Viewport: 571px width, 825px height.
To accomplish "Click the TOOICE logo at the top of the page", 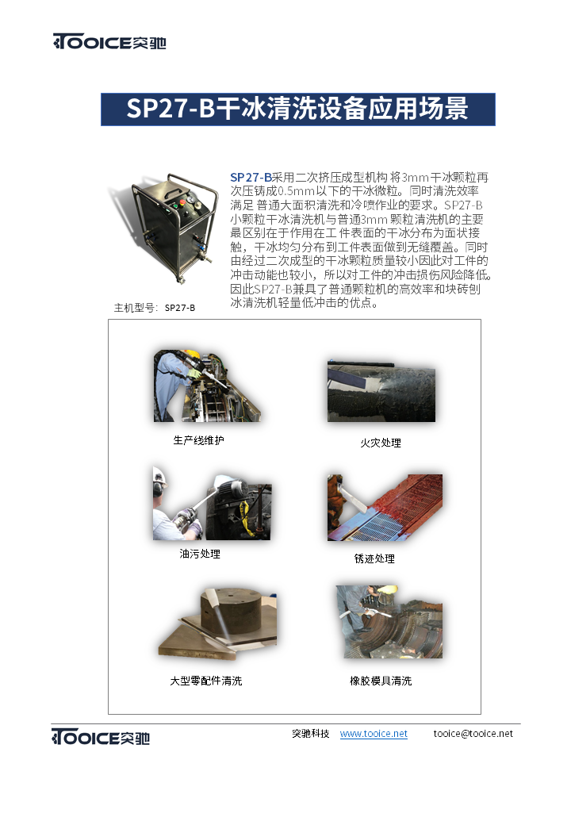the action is [x=109, y=41].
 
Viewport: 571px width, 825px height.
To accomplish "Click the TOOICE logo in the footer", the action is [x=101, y=737].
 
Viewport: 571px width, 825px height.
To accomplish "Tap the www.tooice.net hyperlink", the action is [x=374, y=734].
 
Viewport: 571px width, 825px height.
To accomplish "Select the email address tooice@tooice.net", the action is [x=473, y=734].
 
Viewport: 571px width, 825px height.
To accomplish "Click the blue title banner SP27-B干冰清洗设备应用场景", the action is [x=297, y=109].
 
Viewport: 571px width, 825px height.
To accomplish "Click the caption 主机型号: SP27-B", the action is [x=155, y=308].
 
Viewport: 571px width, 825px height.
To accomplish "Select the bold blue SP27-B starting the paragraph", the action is [x=251, y=178].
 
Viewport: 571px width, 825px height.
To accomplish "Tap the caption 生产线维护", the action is [x=199, y=440].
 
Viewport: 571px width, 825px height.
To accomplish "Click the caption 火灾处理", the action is [x=381, y=443].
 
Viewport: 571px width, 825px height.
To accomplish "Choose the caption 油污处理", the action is [x=200, y=554].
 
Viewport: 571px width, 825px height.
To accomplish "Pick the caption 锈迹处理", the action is [x=374, y=558].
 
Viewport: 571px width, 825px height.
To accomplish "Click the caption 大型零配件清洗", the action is [x=206, y=681].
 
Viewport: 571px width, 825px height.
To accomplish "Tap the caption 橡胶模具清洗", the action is [x=381, y=681].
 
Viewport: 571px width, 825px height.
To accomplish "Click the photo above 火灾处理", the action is [x=381, y=391].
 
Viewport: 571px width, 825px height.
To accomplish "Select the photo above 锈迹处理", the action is [x=385, y=507].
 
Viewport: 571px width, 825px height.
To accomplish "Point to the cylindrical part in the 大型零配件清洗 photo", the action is [x=231, y=609].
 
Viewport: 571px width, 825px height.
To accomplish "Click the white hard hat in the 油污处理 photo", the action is [x=159, y=475].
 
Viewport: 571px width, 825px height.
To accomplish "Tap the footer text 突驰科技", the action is [x=311, y=734].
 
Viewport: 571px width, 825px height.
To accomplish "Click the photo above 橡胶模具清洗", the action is [x=389, y=621].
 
